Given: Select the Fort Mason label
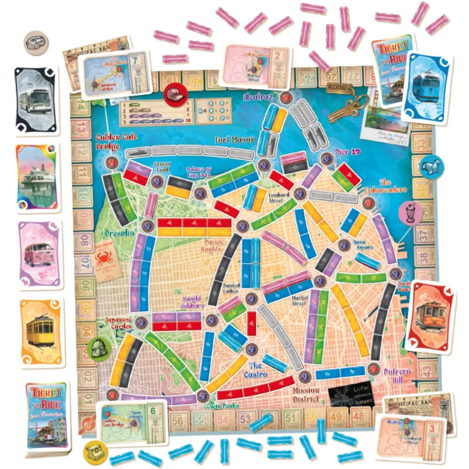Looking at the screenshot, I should tap(234, 140).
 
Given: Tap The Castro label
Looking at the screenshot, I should tap(258, 370).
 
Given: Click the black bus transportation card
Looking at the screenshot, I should tap(37, 100).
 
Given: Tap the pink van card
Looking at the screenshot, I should tap(39, 254).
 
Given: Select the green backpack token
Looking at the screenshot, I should tap(96, 348).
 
